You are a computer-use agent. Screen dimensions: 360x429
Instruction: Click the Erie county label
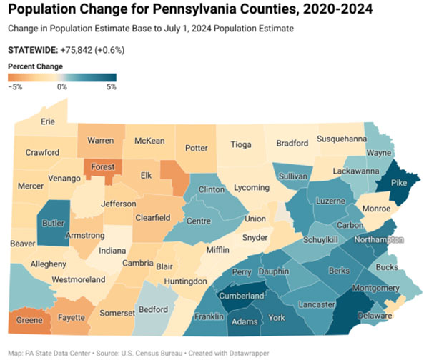(x=48, y=121)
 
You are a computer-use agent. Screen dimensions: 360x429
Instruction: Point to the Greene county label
(x=28, y=320)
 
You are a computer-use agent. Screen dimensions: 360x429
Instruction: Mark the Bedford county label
(x=153, y=310)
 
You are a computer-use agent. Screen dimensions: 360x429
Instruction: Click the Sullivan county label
(x=293, y=176)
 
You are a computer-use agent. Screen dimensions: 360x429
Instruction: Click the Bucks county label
(x=387, y=266)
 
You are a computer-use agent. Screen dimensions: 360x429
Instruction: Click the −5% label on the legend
(x=16, y=86)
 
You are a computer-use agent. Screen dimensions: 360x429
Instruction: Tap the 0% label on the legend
(x=62, y=86)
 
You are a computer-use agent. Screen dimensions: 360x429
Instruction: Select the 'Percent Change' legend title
(x=36, y=66)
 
